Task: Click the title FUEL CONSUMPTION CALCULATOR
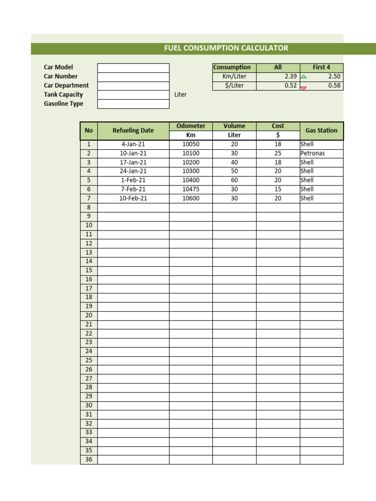click(x=226, y=48)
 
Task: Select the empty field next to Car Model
click(x=133, y=68)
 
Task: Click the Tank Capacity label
click(x=63, y=94)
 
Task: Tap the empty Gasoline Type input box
click(x=133, y=104)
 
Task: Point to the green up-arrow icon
click(x=304, y=77)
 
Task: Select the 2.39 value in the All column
click(x=290, y=76)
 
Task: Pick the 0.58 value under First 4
click(x=334, y=86)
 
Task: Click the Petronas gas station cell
click(x=312, y=153)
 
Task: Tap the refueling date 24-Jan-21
click(x=133, y=171)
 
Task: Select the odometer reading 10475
click(x=191, y=189)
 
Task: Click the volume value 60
click(x=234, y=180)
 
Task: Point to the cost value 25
click(x=278, y=153)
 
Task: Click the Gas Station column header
click(x=321, y=131)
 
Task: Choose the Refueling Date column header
click(x=133, y=131)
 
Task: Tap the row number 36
click(x=89, y=459)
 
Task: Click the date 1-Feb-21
click(x=133, y=180)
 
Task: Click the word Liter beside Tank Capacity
click(x=180, y=94)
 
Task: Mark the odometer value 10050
click(x=191, y=144)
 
